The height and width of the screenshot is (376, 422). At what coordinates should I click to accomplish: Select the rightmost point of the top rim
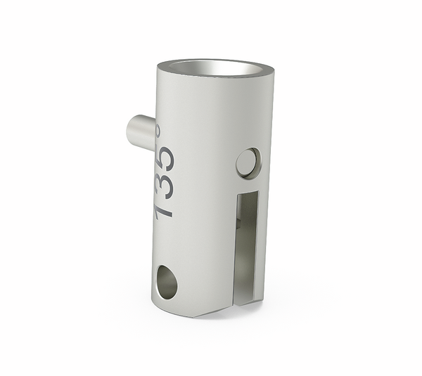click(274, 69)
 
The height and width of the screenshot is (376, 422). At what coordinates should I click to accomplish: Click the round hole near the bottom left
click(167, 281)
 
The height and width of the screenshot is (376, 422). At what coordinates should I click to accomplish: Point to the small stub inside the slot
click(239, 223)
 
